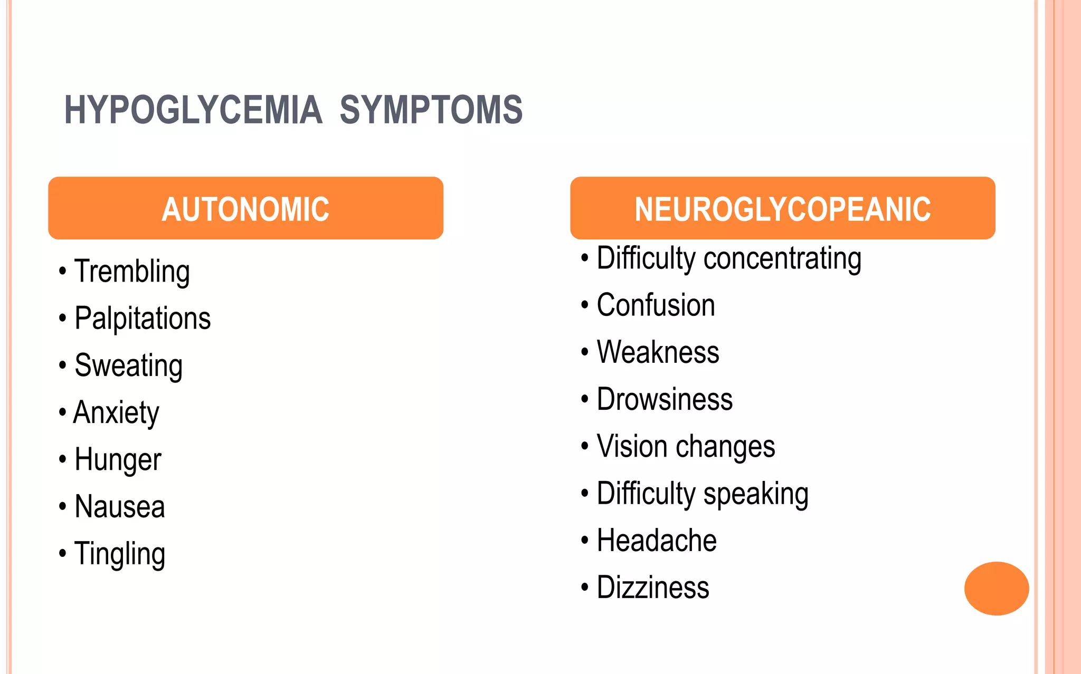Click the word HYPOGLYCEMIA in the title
click(x=193, y=110)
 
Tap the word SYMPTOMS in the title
click(x=431, y=110)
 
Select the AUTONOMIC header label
click(x=245, y=209)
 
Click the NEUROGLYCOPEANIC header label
click(x=782, y=209)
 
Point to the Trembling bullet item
click(x=132, y=272)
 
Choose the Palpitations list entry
click(x=143, y=319)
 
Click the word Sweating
click(x=129, y=365)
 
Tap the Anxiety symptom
click(x=116, y=412)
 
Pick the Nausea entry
click(x=120, y=507)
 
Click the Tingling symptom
click(x=120, y=554)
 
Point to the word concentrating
click(x=782, y=258)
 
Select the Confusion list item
click(x=656, y=305)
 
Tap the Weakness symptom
click(x=658, y=352)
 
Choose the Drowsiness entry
click(x=665, y=399)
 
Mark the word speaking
click(x=756, y=494)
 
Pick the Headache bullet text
click(x=657, y=541)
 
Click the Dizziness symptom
click(x=653, y=588)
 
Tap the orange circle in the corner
click(x=996, y=588)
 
